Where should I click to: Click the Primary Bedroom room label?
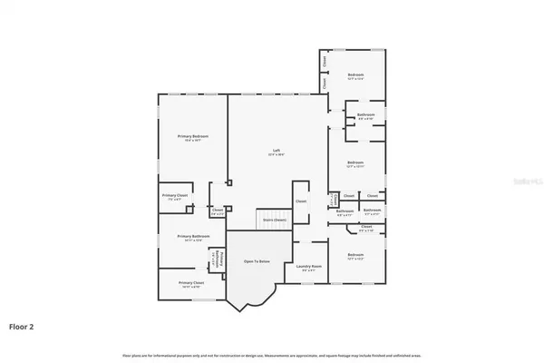point(192,137)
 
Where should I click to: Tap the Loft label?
point(277,152)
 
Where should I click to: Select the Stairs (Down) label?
point(275,220)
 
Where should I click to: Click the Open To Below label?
point(257,261)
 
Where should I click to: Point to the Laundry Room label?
point(309,267)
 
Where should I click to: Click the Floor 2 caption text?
point(22,325)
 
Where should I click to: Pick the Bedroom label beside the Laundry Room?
point(355,256)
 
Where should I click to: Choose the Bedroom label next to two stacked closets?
point(355,75)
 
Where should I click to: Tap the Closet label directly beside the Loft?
point(301,201)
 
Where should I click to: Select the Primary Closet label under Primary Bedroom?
point(175,196)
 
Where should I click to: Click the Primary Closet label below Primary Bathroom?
point(191,283)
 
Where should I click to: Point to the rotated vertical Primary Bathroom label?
point(215,260)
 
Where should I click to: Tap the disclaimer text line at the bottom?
point(272,354)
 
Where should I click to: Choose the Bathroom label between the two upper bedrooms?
point(365,115)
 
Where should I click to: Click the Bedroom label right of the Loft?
point(355,164)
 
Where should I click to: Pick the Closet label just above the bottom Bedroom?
point(366,227)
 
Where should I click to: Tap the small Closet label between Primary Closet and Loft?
point(218,211)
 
